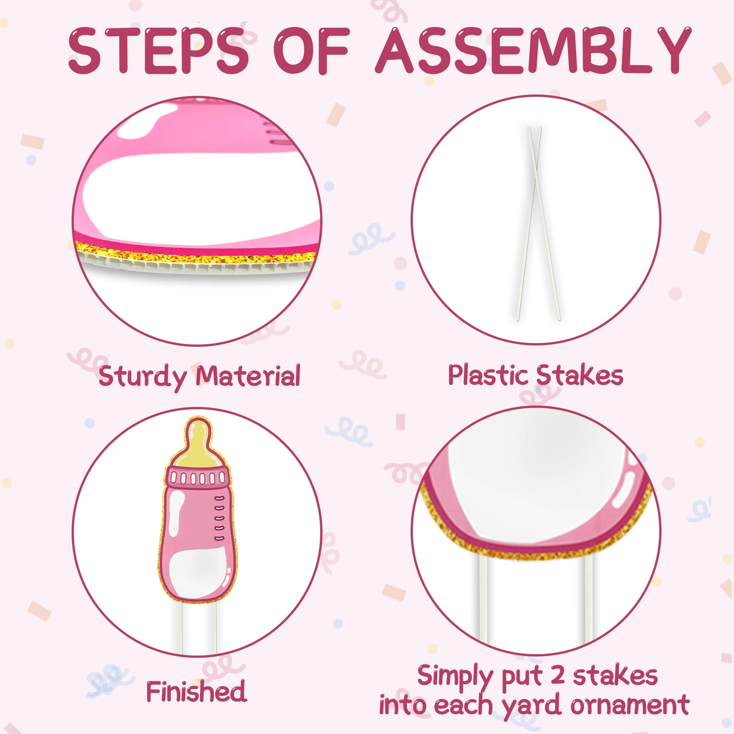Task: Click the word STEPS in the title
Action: click(159, 50)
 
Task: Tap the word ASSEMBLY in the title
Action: click(534, 50)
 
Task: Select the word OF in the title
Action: click(312, 50)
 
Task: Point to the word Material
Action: click(248, 376)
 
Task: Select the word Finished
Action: click(196, 691)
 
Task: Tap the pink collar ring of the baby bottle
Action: click(198, 478)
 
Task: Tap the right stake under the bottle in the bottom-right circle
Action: click(589, 596)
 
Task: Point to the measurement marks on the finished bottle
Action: click(220, 518)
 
